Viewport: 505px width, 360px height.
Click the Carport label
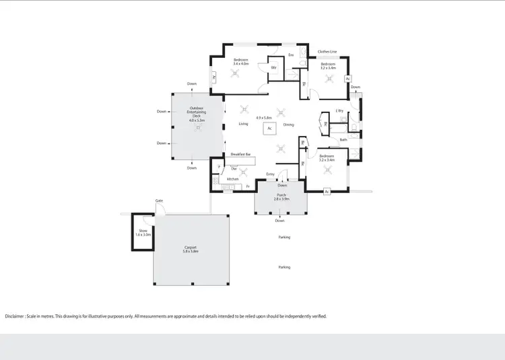(x=191, y=247)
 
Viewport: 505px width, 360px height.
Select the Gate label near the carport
(x=160, y=201)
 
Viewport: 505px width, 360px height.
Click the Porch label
(x=281, y=195)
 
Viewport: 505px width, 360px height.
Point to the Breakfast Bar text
(x=240, y=155)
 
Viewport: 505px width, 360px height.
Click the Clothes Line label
(x=327, y=51)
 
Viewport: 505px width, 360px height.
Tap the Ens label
(x=291, y=55)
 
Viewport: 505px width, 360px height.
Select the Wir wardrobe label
(x=274, y=68)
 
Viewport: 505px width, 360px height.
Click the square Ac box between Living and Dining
(x=269, y=128)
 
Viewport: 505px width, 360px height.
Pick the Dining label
(x=288, y=124)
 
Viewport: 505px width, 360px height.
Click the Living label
(x=243, y=124)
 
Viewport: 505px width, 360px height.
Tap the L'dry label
(x=339, y=110)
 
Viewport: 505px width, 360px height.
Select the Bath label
(x=343, y=140)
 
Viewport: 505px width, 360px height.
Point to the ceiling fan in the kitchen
(x=243, y=172)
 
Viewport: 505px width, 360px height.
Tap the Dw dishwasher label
(x=234, y=168)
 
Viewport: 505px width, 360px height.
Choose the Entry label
(x=270, y=174)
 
